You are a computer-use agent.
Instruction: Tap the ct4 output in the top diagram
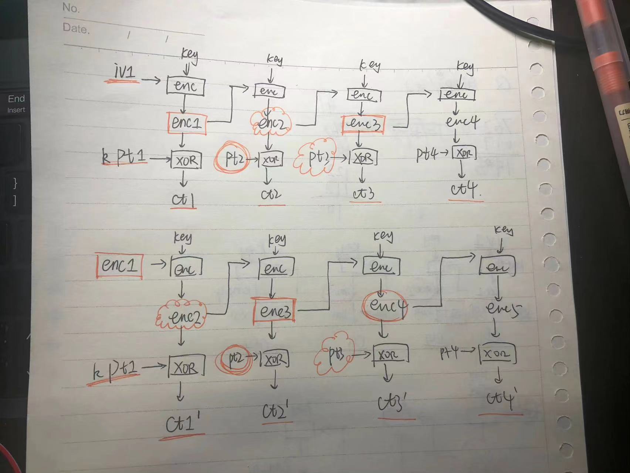click(464, 189)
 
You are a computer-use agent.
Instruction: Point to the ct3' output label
click(393, 403)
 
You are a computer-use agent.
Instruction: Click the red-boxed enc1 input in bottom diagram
click(119, 265)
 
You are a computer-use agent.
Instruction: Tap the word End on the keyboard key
click(16, 99)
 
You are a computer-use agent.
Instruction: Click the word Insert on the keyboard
click(16, 110)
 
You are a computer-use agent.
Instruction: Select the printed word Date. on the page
click(76, 28)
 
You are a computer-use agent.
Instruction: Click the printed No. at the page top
click(71, 7)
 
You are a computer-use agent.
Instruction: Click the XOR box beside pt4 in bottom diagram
click(497, 355)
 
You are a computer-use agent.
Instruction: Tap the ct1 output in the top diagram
click(184, 199)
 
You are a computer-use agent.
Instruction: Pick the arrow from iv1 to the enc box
click(151, 80)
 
